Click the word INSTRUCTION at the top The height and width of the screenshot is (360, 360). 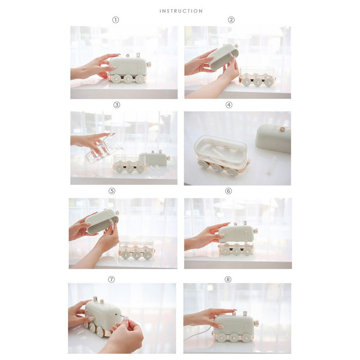click(x=181, y=11)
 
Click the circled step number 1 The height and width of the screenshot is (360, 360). click(x=116, y=20)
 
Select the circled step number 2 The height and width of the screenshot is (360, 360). click(x=231, y=20)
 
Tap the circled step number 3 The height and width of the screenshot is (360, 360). click(x=117, y=105)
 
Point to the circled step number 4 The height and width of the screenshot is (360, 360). click(x=229, y=105)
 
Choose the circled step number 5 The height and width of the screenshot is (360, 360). click(x=112, y=191)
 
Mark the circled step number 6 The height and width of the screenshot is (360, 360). click(x=229, y=191)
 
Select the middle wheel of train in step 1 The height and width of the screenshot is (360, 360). click(x=129, y=79)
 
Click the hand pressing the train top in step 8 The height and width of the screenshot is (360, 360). click(x=207, y=319)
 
